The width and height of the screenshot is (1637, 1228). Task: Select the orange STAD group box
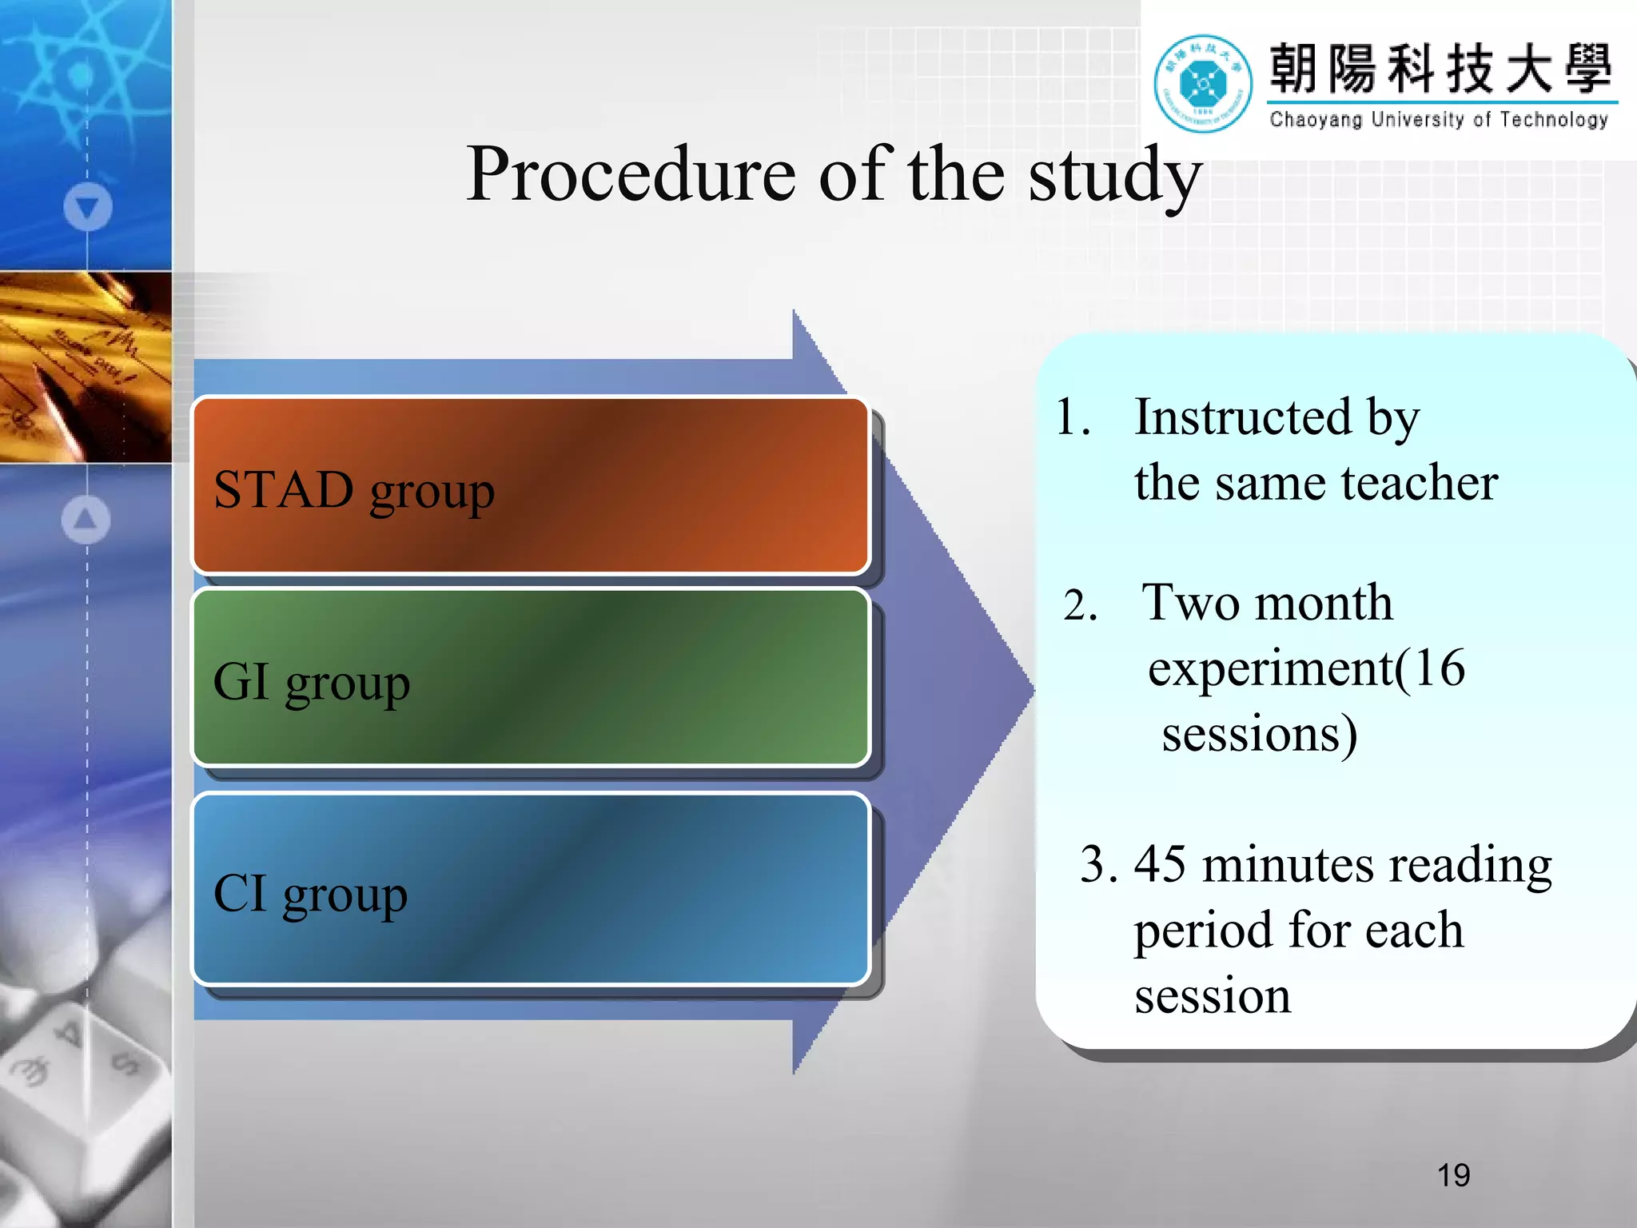tap(531, 486)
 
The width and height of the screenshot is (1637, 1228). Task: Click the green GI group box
tap(531, 678)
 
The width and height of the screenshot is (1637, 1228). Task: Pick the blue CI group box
tap(531, 889)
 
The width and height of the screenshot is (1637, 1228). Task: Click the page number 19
tap(1453, 1175)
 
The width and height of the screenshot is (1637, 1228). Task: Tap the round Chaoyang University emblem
tap(1203, 83)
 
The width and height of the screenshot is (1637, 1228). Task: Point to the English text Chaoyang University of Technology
tap(1439, 120)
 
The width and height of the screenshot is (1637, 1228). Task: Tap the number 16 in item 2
tap(1440, 668)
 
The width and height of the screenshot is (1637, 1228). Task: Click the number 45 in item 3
tap(1160, 864)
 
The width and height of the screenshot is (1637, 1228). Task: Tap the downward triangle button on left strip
tap(88, 207)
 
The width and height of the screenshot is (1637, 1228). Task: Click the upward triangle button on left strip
tap(86, 520)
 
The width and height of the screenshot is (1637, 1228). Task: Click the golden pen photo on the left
tap(86, 367)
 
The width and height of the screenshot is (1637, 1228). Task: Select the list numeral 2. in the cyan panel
tap(1080, 606)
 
